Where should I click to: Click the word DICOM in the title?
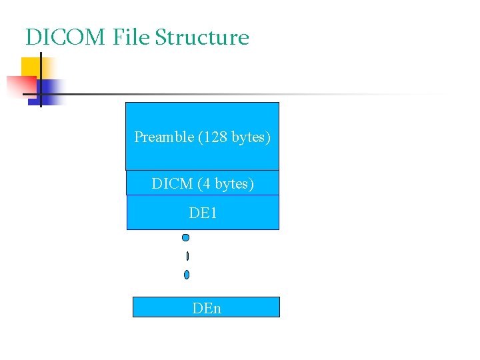pyautogui.click(x=65, y=37)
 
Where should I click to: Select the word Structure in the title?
pyautogui.click(x=201, y=37)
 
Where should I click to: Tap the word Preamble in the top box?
pyautogui.click(x=164, y=137)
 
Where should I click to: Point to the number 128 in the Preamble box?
pyautogui.click(x=213, y=137)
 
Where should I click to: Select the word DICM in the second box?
pyautogui.click(x=172, y=183)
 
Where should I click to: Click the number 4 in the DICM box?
pyautogui.click(x=207, y=183)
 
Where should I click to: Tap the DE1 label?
pyautogui.click(x=203, y=213)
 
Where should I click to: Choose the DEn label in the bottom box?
pyautogui.click(x=206, y=308)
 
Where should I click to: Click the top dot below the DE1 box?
pyautogui.click(x=186, y=237)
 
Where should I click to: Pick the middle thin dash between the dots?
pyautogui.click(x=188, y=256)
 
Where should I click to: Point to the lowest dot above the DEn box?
pyautogui.click(x=187, y=274)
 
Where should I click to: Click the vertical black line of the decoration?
pyautogui.click(x=41, y=79)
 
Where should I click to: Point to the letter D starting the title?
pyautogui.click(x=31, y=37)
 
